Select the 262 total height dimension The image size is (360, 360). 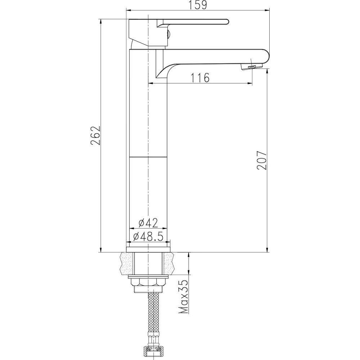95,135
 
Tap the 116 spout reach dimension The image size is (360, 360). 200,78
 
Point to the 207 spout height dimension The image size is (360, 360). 262,160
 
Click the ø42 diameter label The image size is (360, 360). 148,222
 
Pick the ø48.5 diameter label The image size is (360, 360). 148,236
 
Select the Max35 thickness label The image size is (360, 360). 183,297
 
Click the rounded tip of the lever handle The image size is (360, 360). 227,22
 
